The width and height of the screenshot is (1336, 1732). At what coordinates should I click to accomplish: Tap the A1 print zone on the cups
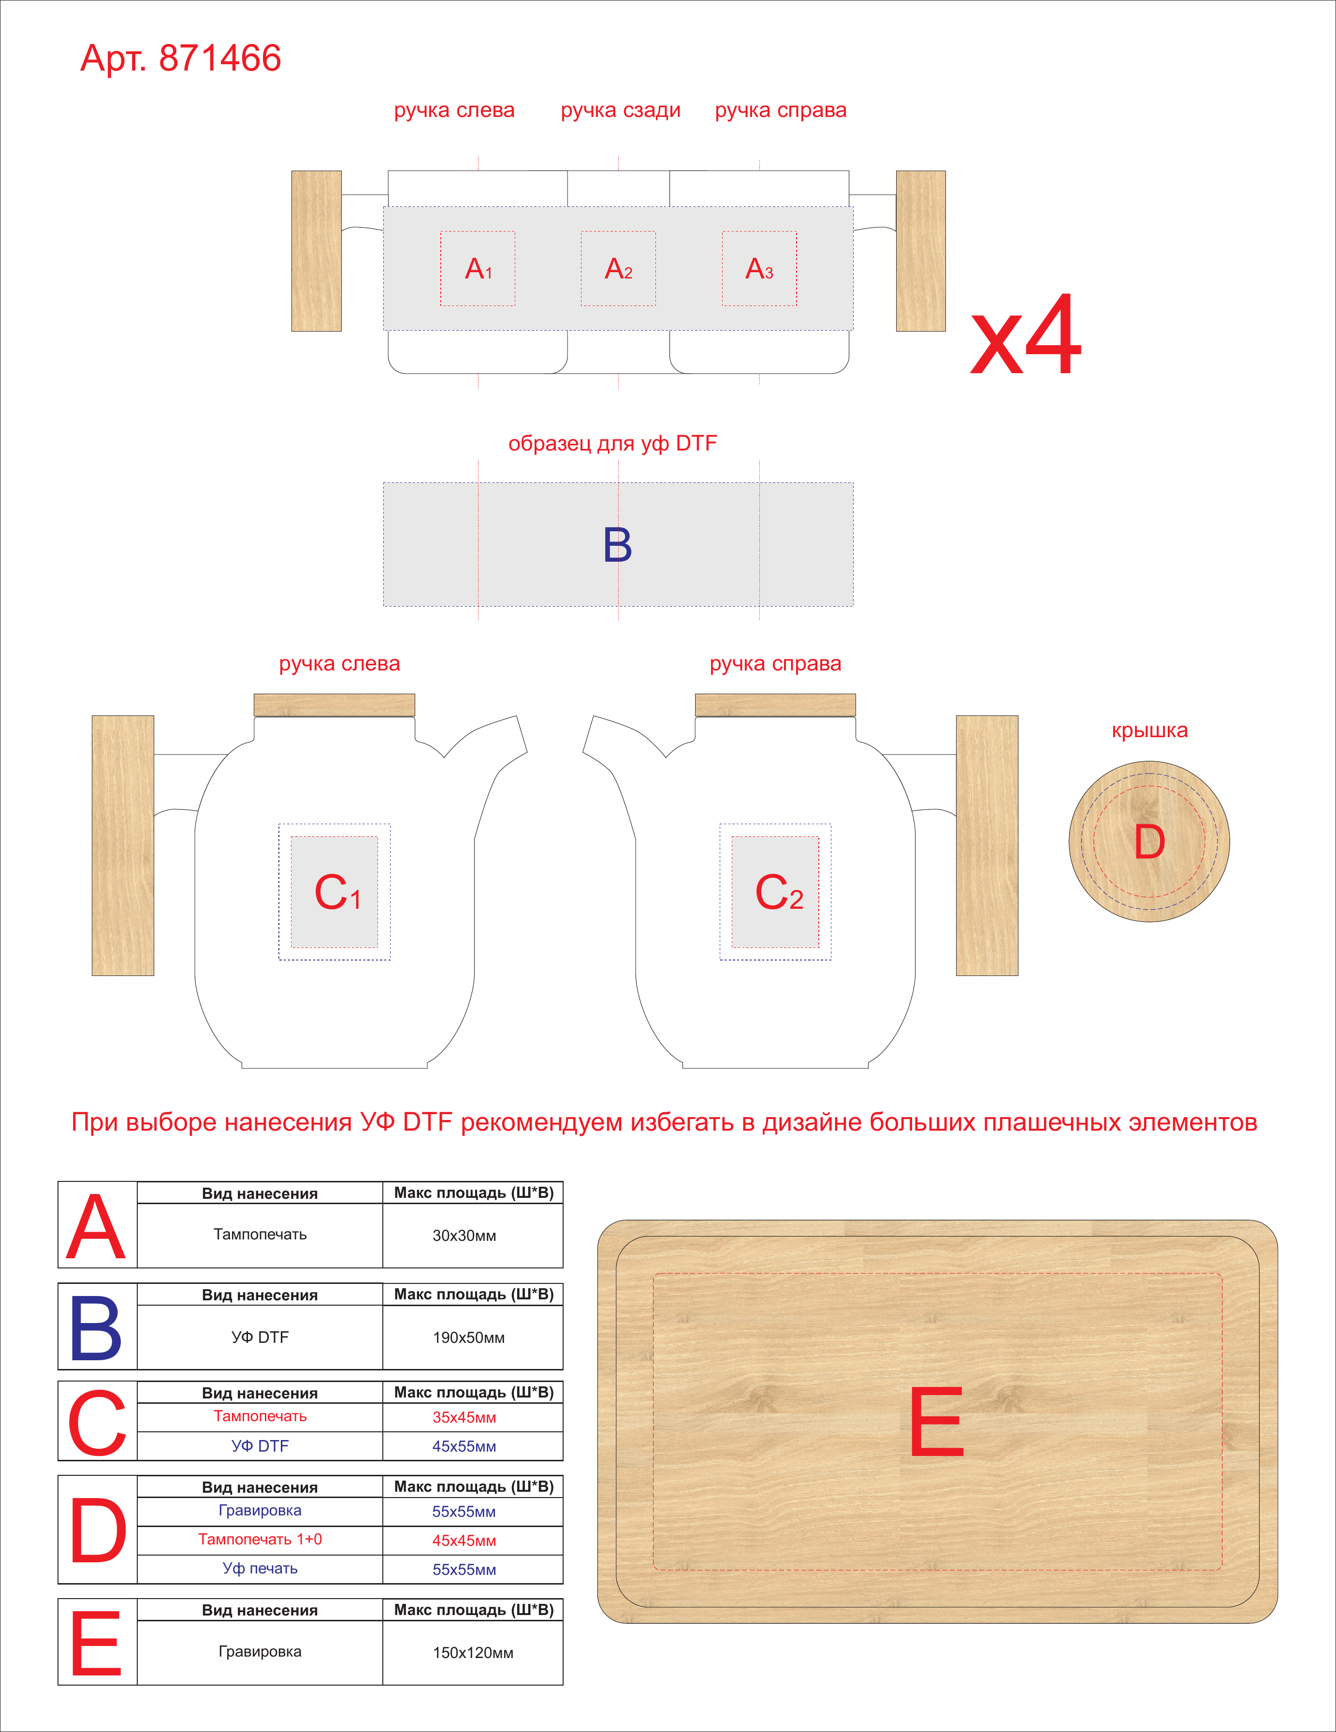point(478,269)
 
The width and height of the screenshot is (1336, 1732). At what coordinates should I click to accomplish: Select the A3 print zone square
point(759,269)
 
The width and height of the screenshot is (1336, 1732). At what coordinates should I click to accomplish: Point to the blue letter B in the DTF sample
point(618,545)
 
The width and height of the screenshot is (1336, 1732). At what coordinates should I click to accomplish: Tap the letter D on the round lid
point(1150,842)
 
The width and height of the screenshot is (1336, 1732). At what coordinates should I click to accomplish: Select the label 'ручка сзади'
point(621,110)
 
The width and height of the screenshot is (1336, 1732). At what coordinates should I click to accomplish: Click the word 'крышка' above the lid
point(1150,730)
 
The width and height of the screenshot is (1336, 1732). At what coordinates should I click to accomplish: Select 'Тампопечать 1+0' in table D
point(260,1539)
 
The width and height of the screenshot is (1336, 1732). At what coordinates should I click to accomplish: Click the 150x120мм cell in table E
point(473,1653)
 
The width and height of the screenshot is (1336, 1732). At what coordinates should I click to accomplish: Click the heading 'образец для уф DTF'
point(613,443)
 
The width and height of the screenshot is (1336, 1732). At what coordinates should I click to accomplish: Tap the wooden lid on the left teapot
point(334,705)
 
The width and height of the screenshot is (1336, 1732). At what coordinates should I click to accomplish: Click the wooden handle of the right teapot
point(987,845)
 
